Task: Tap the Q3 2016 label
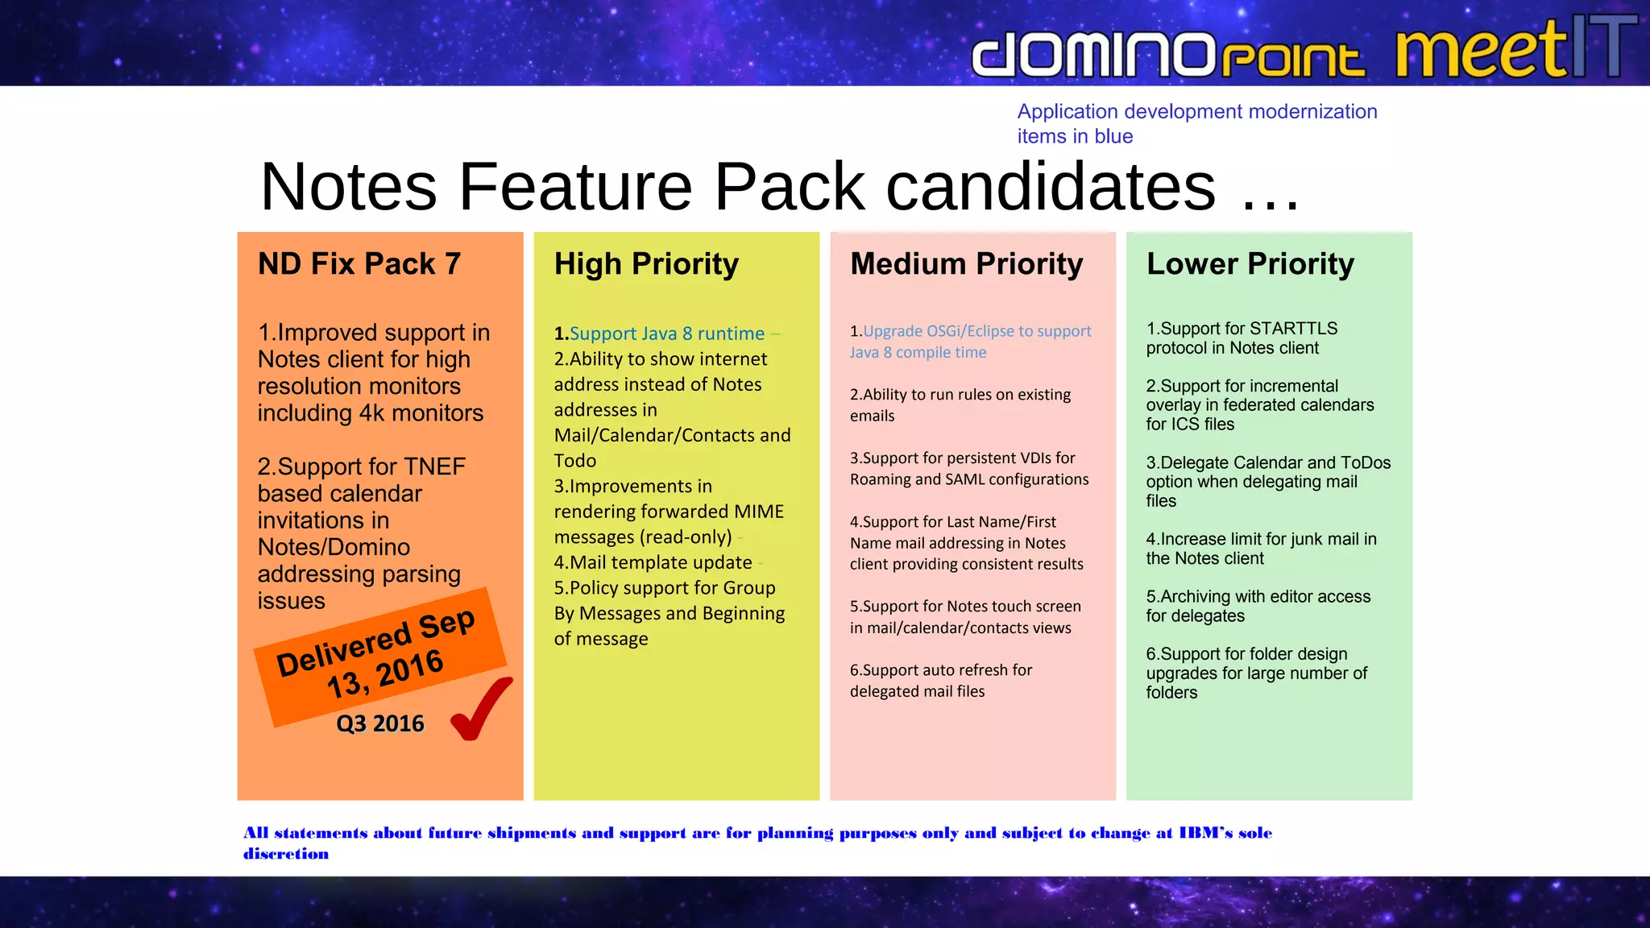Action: click(379, 723)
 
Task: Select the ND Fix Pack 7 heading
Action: click(359, 264)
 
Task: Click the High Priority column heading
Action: click(646, 264)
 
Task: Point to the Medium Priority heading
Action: click(966, 264)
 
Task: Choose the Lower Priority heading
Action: click(1250, 264)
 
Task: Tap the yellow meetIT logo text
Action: click(1481, 50)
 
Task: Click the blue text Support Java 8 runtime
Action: click(666, 333)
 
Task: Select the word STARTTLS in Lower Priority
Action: click(1293, 329)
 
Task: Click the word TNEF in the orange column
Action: click(434, 466)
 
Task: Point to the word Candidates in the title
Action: click(1051, 187)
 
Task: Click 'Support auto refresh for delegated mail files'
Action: click(940, 681)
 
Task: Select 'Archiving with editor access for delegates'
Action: click(1258, 606)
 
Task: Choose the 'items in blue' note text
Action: click(1075, 136)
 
